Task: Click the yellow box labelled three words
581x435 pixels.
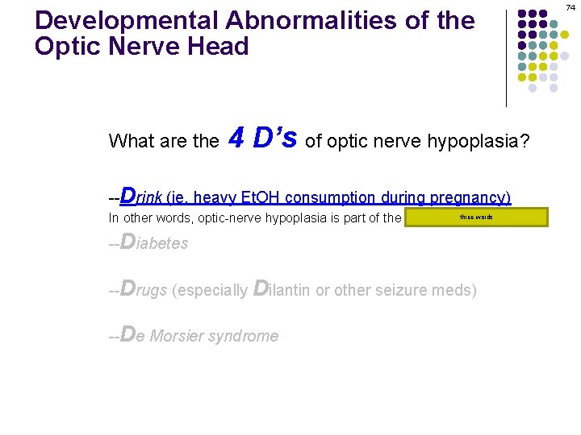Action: point(476,217)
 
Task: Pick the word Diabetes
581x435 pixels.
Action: point(153,242)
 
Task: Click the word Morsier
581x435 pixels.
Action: point(180,335)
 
